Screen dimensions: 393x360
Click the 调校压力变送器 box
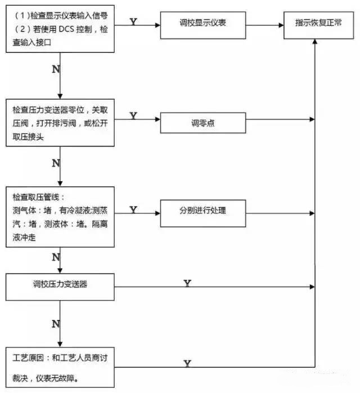click(61, 285)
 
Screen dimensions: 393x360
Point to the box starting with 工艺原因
click(61, 367)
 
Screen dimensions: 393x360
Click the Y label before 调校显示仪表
click(133, 21)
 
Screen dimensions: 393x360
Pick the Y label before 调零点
click(133, 115)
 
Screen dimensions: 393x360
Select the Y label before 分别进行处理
click(133, 209)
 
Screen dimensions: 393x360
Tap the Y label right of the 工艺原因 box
click(187, 364)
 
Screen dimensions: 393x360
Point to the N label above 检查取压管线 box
click(56, 163)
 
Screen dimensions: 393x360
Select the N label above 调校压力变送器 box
click(56, 257)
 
